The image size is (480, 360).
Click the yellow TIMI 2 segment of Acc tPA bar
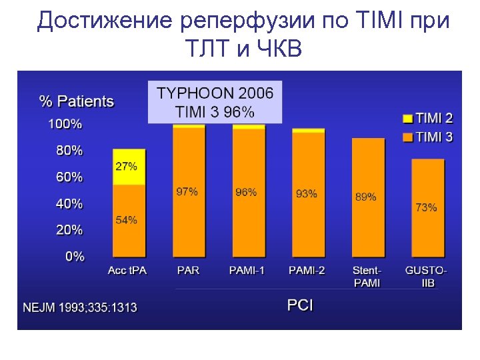coord(129,167)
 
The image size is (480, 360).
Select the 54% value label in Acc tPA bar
coord(127,219)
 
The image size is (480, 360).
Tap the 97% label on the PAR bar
coord(187,192)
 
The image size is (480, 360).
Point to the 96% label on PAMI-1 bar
coord(246,192)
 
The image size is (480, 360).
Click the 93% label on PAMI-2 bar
coord(306,194)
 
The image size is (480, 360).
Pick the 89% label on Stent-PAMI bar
coord(365,197)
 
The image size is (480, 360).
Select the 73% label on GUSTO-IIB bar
coord(426,207)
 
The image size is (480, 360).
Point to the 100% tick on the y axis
coord(65,124)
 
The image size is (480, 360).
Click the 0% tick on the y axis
coord(75,257)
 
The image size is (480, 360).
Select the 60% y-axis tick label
coord(69,177)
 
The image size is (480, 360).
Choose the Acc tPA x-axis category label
coord(127,271)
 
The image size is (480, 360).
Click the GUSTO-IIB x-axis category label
coord(426,276)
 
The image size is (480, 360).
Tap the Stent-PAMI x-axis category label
coord(367,276)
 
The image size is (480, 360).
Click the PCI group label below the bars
coord(300,305)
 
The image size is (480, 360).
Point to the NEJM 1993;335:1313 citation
coord(80,307)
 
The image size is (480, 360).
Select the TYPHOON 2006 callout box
coord(215,102)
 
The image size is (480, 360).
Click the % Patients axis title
coord(77,101)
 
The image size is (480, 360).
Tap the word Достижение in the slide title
coord(104,21)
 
